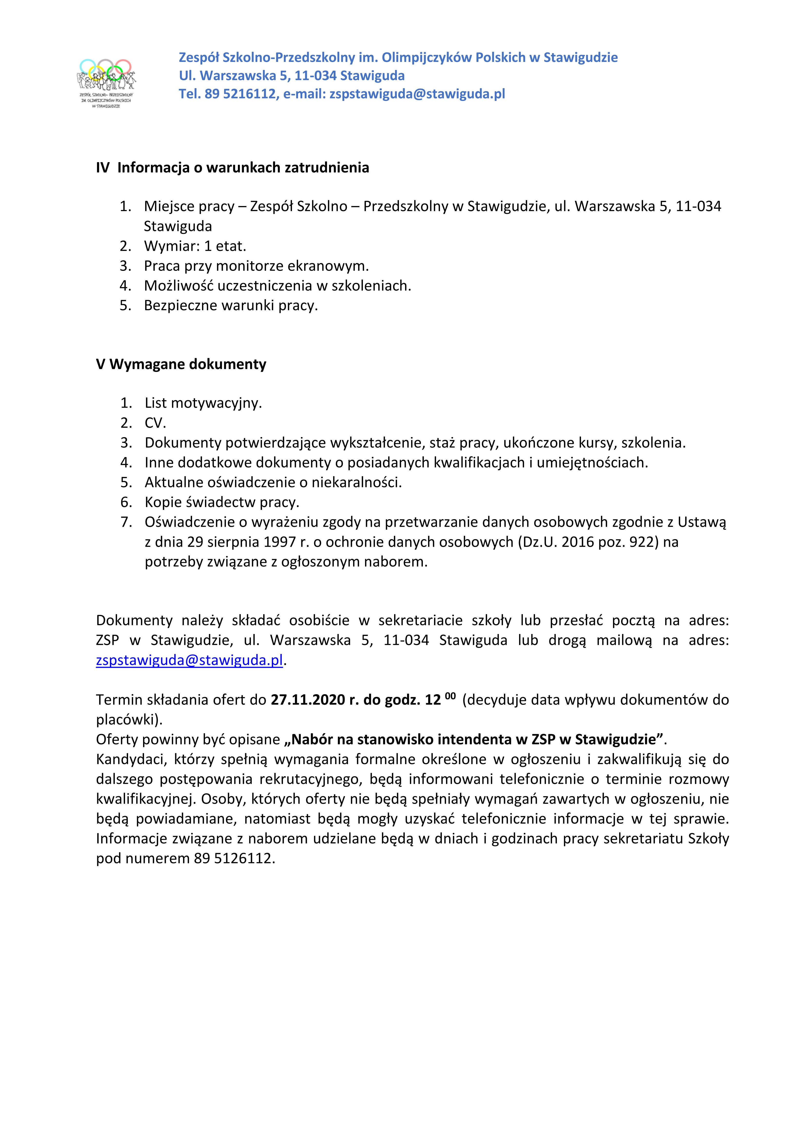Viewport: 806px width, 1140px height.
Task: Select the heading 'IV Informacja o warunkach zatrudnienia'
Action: pos(233,168)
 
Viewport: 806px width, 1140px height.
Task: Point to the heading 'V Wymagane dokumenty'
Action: pos(181,364)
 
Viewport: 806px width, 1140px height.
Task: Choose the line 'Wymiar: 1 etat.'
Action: pos(195,246)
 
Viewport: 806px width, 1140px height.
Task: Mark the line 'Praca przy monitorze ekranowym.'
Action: pos(256,266)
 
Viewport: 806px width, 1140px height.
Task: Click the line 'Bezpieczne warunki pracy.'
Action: pos(231,305)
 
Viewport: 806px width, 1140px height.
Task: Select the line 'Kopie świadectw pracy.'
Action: pos(222,502)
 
